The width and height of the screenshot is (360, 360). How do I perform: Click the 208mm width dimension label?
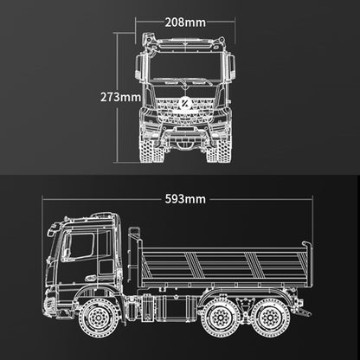click(x=185, y=22)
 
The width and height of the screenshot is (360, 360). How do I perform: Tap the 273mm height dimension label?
click(x=120, y=97)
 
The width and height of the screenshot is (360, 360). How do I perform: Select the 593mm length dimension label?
click(x=185, y=199)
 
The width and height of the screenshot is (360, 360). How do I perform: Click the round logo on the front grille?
click(x=184, y=104)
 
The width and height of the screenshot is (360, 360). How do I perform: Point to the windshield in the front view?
click(x=186, y=67)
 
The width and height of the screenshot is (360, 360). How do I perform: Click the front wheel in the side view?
click(x=98, y=318)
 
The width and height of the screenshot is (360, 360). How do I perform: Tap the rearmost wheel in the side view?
click(x=271, y=318)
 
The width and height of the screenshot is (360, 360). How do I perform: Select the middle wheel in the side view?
click(x=221, y=318)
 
